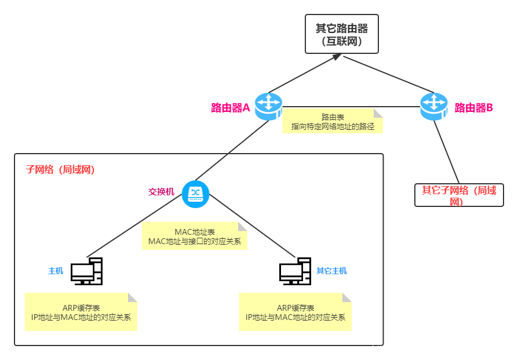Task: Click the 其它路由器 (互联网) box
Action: point(342,34)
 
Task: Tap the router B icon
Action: point(434,106)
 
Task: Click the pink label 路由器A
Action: point(230,108)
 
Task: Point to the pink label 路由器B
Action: point(473,108)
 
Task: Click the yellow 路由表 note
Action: point(333,121)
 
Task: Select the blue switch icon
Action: point(195,194)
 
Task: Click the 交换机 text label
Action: point(161,191)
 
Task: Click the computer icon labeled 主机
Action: point(86,271)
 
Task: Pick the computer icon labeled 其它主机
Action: point(295,271)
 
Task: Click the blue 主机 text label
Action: point(56,271)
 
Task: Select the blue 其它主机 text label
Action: point(331,271)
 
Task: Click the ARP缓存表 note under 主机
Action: point(81,312)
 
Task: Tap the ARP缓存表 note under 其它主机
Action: point(295,312)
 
